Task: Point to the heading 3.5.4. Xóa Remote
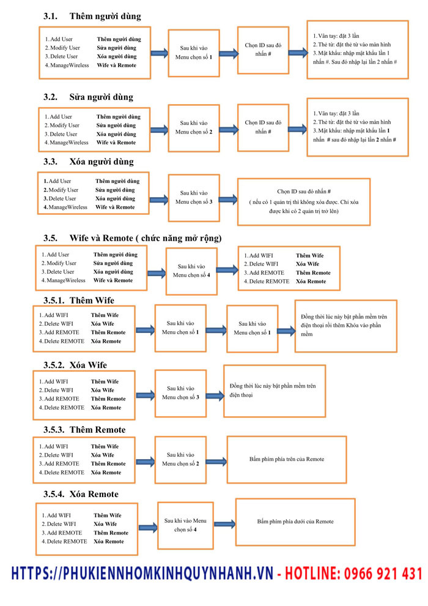click(81, 494)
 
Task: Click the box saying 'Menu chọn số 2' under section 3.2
click(193, 127)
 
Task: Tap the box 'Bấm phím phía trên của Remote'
click(287, 459)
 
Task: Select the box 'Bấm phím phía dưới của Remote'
click(295, 522)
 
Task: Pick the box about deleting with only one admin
click(303, 201)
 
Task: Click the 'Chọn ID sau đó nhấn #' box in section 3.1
click(262, 49)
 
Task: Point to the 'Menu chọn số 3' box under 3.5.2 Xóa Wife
click(180, 392)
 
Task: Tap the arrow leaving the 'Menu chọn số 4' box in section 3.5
click(227, 269)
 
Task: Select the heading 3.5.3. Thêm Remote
click(84, 430)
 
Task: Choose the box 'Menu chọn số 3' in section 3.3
click(193, 197)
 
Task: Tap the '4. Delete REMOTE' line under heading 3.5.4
click(67, 541)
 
